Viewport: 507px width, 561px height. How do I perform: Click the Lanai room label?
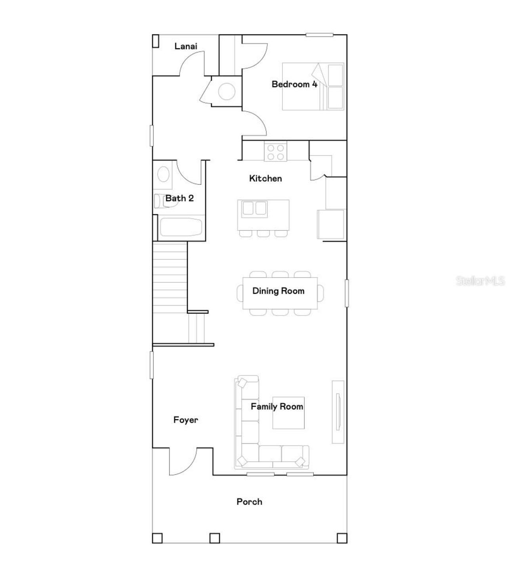pyautogui.click(x=186, y=46)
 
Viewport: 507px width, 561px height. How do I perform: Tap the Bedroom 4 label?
pyautogui.click(x=294, y=84)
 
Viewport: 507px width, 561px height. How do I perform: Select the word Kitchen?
pyautogui.click(x=265, y=179)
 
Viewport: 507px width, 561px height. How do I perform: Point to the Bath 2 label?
pyautogui.click(x=179, y=198)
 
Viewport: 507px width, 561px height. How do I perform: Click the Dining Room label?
pyautogui.click(x=278, y=291)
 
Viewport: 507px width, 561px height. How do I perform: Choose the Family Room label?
pyautogui.click(x=277, y=407)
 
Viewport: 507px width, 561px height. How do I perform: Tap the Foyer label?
pyautogui.click(x=185, y=420)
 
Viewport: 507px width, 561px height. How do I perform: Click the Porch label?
pyautogui.click(x=249, y=502)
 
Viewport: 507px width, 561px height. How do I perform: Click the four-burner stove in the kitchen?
pyautogui.click(x=276, y=152)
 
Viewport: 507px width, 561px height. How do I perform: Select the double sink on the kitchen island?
pyautogui.click(x=254, y=208)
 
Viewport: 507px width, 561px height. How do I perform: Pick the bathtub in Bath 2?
pyautogui.click(x=181, y=227)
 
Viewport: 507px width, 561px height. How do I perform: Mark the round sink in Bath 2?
pyautogui.click(x=163, y=174)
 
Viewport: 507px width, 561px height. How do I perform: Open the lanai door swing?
pyautogui.click(x=193, y=64)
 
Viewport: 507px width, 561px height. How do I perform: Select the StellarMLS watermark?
pyautogui.click(x=480, y=281)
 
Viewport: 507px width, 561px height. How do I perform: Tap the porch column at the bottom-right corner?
pyautogui.click(x=342, y=538)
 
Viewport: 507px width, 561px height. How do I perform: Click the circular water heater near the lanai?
pyautogui.click(x=227, y=92)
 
